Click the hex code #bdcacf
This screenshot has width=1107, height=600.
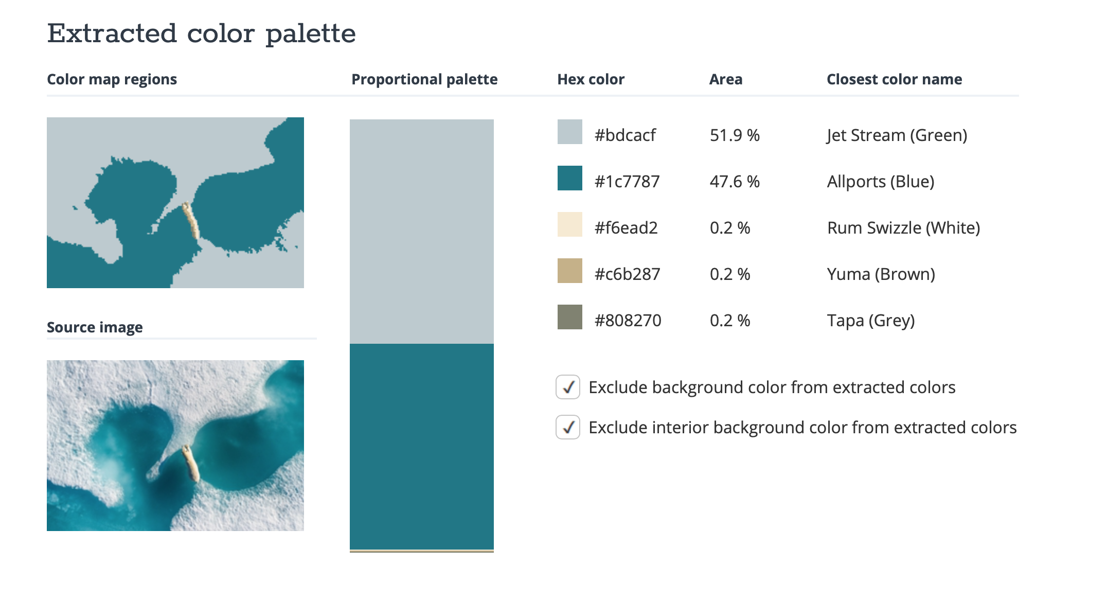pyautogui.click(x=625, y=135)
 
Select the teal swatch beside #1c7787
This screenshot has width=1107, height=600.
pyautogui.click(x=569, y=178)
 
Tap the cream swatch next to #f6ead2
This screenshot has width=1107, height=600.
pyautogui.click(x=569, y=224)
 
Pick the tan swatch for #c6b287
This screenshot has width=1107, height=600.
pyautogui.click(x=569, y=271)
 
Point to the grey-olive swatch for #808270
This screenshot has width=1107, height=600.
pyautogui.click(x=569, y=317)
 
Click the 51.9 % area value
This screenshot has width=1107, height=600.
pyautogui.click(x=735, y=135)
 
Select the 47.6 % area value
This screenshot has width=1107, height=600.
pyautogui.click(x=735, y=182)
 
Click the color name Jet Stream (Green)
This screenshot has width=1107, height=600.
pyautogui.click(x=897, y=135)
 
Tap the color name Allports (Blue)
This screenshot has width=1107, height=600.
pyautogui.click(x=880, y=182)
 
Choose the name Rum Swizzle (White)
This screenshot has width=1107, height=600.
pyautogui.click(x=903, y=228)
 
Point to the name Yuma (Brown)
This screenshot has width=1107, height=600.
pyautogui.click(x=881, y=274)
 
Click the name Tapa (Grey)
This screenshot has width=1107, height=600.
pyautogui.click(x=870, y=321)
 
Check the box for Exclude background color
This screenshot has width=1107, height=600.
pyautogui.click(x=568, y=387)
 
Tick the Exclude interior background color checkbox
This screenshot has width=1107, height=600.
pyautogui.click(x=568, y=427)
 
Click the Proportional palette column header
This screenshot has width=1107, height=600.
pyautogui.click(x=424, y=79)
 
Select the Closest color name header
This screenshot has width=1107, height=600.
pyautogui.click(x=894, y=79)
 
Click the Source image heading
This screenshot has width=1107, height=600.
pyautogui.click(x=95, y=327)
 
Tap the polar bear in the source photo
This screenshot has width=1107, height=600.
pyautogui.click(x=190, y=463)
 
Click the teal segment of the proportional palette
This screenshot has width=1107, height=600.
pyautogui.click(x=422, y=446)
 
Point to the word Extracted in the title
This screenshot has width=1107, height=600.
pyautogui.click(x=112, y=34)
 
